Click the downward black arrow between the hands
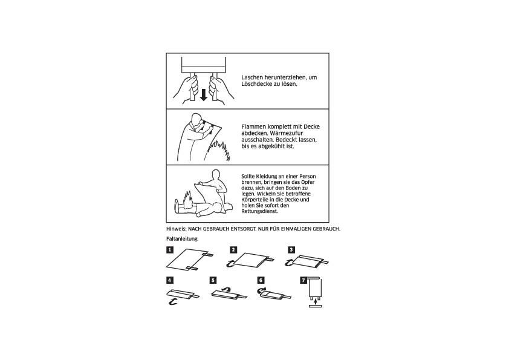point(204,94)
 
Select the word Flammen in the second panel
point(252,126)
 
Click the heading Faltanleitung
point(182,238)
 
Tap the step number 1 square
point(170,249)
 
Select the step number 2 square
point(233,249)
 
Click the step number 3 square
point(291,249)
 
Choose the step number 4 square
point(170,280)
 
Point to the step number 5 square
point(213,280)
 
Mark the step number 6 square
point(261,280)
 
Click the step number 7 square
point(303,280)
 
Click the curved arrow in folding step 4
point(173,299)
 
